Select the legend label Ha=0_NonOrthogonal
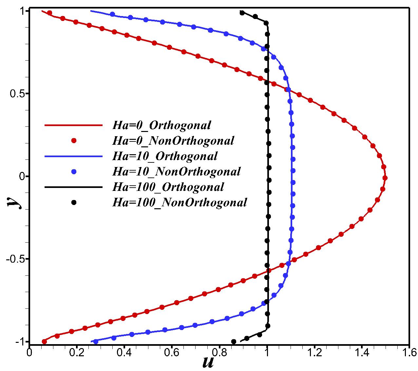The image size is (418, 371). [x=173, y=140]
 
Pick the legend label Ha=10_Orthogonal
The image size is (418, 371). [x=165, y=156]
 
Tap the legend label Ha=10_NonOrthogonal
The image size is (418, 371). [x=176, y=171]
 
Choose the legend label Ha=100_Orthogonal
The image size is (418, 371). [x=168, y=187]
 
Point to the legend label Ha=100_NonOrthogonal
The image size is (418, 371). [x=180, y=202]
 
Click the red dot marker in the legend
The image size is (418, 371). [x=74, y=140]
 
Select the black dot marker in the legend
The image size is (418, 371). [x=74, y=202]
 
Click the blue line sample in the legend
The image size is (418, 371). [x=71, y=156]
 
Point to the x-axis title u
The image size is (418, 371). [x=208, y=362]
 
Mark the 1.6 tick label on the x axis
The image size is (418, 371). [x=408, y=352]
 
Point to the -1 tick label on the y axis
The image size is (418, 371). [x=18, y=342]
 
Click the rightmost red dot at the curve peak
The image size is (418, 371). [x=385, y=178]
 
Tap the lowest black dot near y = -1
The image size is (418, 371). [x=234, y=342]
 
